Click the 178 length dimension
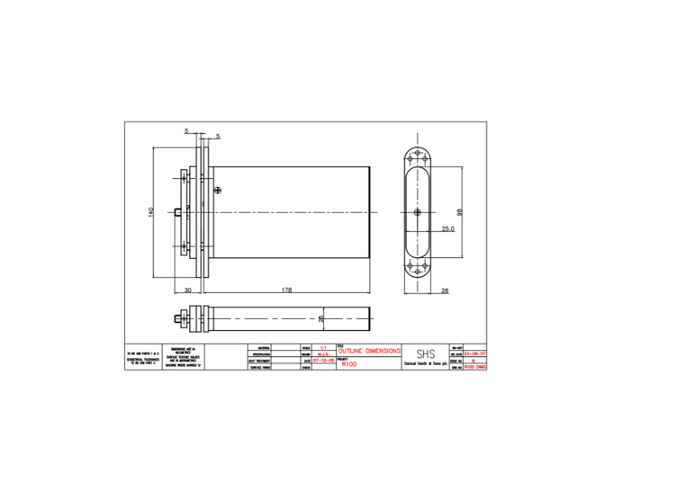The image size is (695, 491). click(x=286, y=289)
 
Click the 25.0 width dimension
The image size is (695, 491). click(x=447, y=229)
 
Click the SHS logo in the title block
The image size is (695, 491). click(x=426, y=354)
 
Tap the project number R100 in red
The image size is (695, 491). click(x=349, y=365)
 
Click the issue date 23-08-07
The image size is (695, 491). click(x=475, y=354)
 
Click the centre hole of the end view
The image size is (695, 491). click(x=419, y=213)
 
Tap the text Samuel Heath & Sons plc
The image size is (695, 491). click(x=426, y=365)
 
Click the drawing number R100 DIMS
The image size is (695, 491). click(x=475, y=367)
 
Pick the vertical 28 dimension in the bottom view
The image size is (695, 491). click(x=321, y=318)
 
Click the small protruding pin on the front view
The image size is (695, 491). click(x=177, y=212)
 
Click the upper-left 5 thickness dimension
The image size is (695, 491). click(x=186, y=131)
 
